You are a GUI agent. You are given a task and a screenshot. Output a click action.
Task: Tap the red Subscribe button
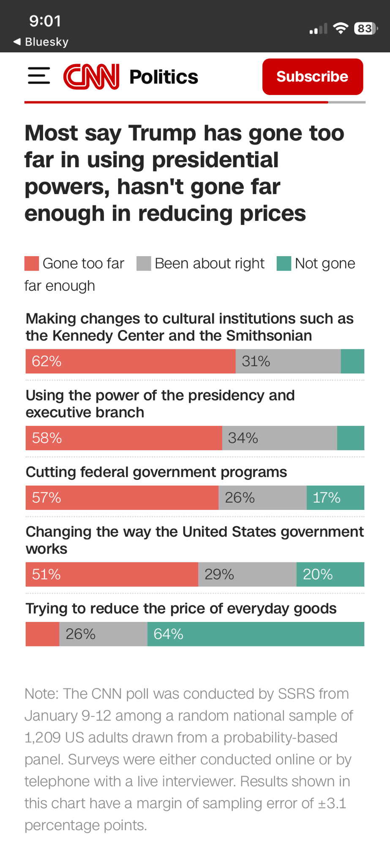coord(312,77)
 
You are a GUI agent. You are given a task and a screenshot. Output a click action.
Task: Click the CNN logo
coord(91,77)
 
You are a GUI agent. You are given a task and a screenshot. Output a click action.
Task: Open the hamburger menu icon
coord(39,76)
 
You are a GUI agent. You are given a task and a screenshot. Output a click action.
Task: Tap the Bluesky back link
coord(41,42)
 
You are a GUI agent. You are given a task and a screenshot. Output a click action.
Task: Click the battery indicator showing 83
coord(365,29)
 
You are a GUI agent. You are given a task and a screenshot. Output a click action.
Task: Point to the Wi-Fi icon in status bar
coord(340,28)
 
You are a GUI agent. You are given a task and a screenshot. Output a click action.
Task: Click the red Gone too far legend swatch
coord(32,263)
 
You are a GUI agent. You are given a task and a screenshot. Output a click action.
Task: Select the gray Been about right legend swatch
coord(144,263)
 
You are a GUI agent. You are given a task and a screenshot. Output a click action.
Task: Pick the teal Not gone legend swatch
coord(284,263)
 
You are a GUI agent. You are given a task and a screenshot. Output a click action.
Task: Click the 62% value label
coord(46,361)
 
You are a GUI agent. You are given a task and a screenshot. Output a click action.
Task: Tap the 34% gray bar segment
coord(279,438)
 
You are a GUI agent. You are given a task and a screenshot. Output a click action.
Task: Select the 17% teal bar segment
coord(335,498)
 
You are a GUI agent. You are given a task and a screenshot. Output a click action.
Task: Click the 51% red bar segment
coord(112,574)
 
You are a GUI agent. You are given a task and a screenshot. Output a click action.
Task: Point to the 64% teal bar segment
coord(256,634)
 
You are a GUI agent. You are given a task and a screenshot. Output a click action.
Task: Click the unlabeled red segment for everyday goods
coord(42,634)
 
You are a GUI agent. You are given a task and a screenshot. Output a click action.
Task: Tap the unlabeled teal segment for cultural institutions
coord(352,361)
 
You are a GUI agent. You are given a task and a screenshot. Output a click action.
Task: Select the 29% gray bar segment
coord(247,574)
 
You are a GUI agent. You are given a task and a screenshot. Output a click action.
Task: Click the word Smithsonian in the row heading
coord(269,336)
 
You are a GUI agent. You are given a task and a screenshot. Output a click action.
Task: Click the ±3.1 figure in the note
coord(332,803)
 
